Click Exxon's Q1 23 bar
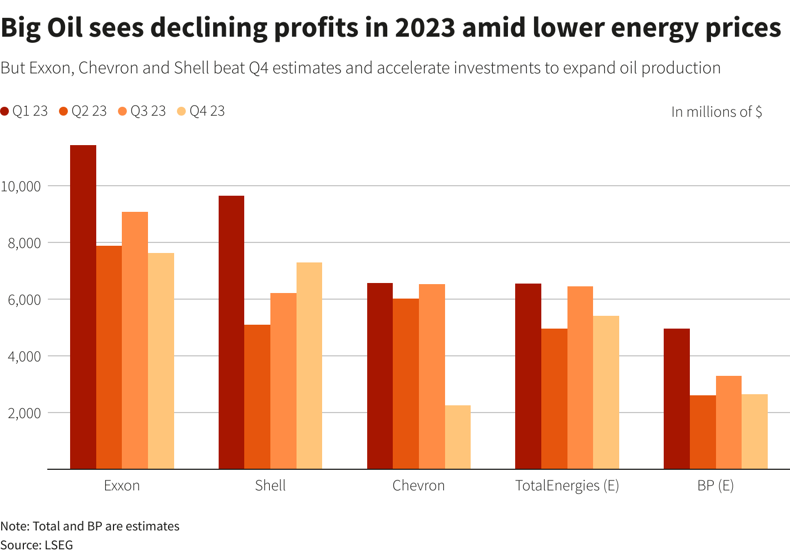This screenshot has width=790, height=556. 83,307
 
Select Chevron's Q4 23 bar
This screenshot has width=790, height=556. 458,437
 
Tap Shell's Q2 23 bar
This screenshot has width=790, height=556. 257,397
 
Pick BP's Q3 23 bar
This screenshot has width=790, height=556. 728,423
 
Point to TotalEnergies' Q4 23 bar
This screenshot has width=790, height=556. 606,393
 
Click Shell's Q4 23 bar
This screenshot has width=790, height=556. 309,366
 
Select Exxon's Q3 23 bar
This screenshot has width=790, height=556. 135,340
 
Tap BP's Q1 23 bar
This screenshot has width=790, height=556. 677,399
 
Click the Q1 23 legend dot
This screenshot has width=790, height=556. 5,111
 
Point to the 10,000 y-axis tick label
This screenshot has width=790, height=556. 21,186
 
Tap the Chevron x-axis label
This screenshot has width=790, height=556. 418,485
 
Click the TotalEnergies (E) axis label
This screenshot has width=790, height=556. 567,485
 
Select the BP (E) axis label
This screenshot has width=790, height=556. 715,485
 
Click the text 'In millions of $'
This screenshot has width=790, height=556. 717,112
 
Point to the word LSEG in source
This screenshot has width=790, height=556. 58,545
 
